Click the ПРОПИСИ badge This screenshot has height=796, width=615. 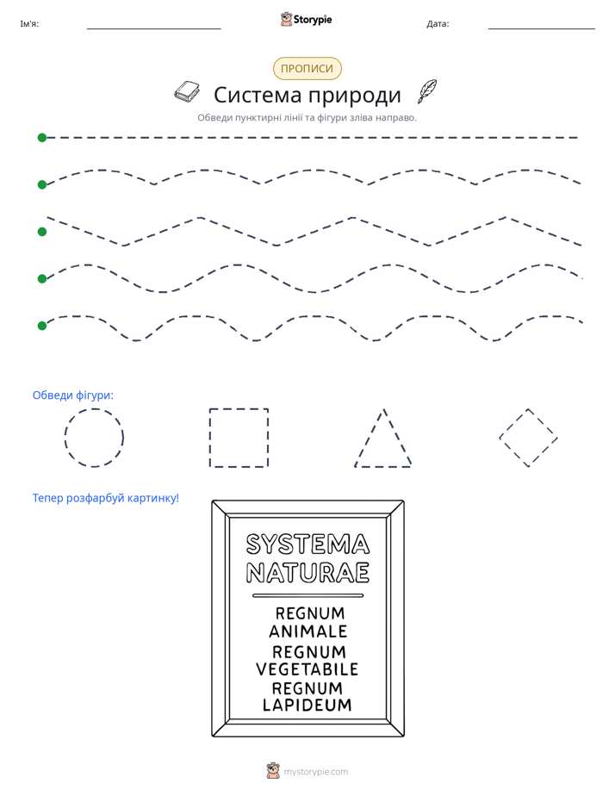pyautogui.click(x=307, y=69)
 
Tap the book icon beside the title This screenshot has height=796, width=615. pyautogui.click(x=187, y=91)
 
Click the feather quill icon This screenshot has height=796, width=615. pyautogui.click(x=427, y=90)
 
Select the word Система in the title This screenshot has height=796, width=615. pyautogui.click(x=258, y=95)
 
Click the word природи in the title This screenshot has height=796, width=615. pyautogui.click(x=355, y=96)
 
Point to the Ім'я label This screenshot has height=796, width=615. pyautogui.click(x=29, y=24)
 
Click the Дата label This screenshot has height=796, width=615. pyautogui.click(x=438, y=24)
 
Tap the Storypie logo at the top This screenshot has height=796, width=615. pyautogui.click(x=306, y=19)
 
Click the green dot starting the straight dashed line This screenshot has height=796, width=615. pyautogui.click(x=42, y=138)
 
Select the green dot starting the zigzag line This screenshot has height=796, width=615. pyautogui.click(x=42, y=232)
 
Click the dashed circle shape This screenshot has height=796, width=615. pyautogui.click(x=94, y=409)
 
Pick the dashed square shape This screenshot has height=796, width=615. pyautogui.click(x=239, y=408)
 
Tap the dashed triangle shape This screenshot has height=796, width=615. pyautogui.click(x=370, y=438)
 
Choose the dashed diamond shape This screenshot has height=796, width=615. pyautogui.click(x=513, y=423)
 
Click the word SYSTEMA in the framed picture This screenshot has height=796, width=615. pyautogui.click(x=307, y=544)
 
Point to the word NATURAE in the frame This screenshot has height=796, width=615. pyautogui.click(x=307, y=573)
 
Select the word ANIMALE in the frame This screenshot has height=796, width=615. pyautogui.click(x=308, y=631)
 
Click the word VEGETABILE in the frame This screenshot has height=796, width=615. pyautogui.click(x=307, y=669)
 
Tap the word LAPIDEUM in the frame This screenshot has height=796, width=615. pyautogui.click(x=307, y=706)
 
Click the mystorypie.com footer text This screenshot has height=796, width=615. pyautogui.click(x=315, y=772)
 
